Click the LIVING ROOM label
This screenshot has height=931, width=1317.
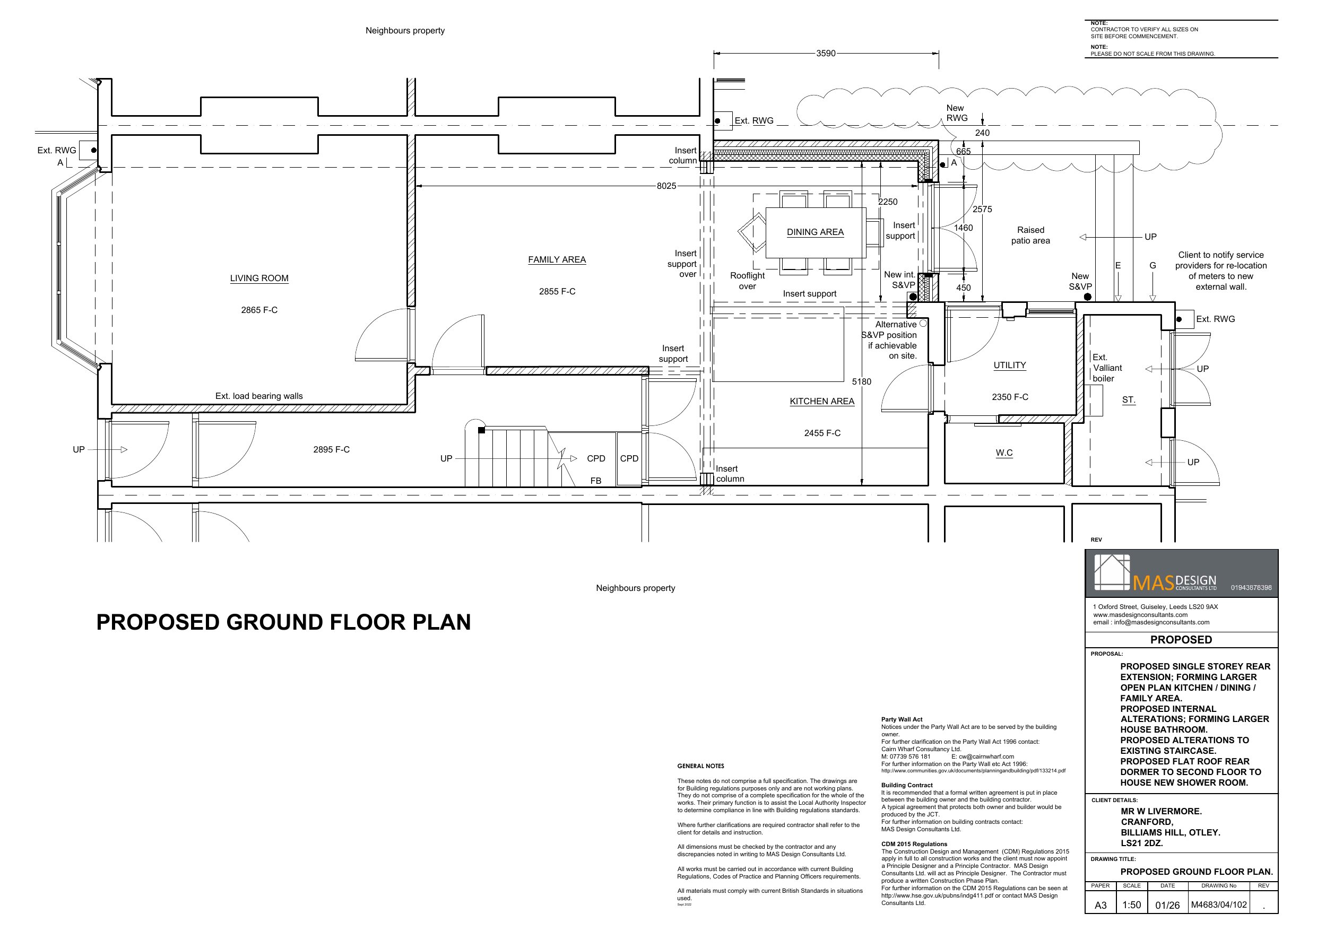point(259,278)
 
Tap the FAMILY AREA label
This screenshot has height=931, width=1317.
point(557,259)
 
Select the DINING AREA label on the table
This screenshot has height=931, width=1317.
point(815,232)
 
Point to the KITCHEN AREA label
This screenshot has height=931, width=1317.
point(822,401)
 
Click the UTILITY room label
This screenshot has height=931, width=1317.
point(1010,365)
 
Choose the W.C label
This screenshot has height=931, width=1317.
point(1004,453)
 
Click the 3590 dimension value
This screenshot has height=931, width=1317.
point(826,54)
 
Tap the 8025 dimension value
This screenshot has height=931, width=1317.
point(666,186)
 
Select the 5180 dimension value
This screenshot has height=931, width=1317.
point(862,381)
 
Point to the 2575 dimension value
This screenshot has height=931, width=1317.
point(982,210)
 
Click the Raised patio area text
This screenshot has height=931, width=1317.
point(1031,235)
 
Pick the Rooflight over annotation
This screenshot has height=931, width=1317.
point(748,281)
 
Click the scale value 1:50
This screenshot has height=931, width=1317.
point(1132,904)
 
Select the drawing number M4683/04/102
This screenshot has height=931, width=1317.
point(1219,904)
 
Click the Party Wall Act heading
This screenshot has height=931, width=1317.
point(902,719)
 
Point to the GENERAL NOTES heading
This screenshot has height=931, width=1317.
point(700,766)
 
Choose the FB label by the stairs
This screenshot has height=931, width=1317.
point(596,481)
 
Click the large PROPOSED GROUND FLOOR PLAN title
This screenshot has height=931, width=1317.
point(283,622)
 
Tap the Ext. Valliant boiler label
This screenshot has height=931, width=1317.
point(1106,368)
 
